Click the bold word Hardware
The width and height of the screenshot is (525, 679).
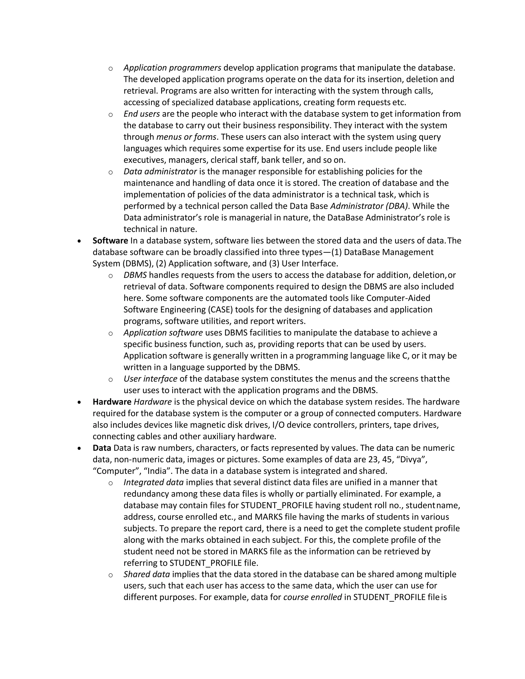tap(112, 402)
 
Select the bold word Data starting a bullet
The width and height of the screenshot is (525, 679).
tap(102, 448)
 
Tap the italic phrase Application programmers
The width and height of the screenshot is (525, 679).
tap(172, 68)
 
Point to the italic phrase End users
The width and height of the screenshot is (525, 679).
tap(142, 114)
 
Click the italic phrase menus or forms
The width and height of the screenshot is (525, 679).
tap(186, 137)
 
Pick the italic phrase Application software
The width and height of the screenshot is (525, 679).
tap(163, 333)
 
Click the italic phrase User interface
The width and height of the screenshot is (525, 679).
tap(150, 379)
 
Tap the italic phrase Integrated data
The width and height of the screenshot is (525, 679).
tap(153, 482)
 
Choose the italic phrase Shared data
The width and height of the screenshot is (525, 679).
tap(146, 574)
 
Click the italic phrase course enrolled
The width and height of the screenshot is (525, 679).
tap(312, 597)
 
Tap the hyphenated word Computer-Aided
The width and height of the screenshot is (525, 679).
tap(398, 298)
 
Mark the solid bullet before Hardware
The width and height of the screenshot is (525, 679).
tap(80, 402)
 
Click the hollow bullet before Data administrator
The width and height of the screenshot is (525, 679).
tap(110, 172)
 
